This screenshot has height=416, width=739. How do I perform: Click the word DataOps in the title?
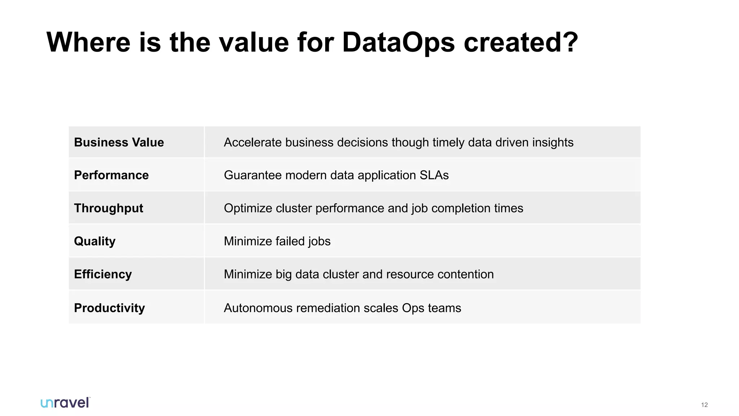pos(398,43)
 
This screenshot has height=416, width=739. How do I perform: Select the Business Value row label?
pos(119,142)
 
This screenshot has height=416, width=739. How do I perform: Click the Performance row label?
pos(111,175)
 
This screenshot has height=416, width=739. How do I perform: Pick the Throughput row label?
pos(108,208)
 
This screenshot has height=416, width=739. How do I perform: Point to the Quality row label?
pos(95,241)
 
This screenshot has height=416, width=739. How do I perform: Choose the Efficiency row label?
pos(103,274)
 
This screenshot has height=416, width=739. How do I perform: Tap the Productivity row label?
pos(109,308)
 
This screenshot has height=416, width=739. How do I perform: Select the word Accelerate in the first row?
pos(253,142)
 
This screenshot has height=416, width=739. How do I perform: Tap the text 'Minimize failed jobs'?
pos(277,241)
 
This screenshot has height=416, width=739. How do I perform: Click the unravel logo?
pos(65,403)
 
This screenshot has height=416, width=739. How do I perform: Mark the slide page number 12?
pos(704,405)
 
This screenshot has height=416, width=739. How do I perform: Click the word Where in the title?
pos(88,43)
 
